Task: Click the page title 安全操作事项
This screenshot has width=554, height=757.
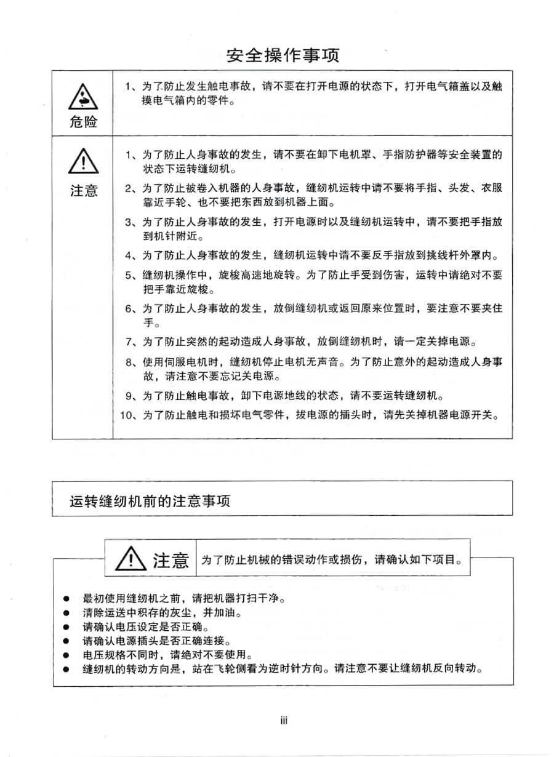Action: [283, 56]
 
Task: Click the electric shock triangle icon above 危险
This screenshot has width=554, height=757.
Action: [84, 97]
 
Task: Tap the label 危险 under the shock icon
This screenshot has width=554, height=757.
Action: [84, 122]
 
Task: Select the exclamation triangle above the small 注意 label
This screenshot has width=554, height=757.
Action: [84, 164]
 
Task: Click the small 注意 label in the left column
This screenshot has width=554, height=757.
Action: [84, 191]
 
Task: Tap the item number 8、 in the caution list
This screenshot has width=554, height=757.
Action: [132, 362]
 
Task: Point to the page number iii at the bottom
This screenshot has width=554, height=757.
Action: [284, 721]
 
